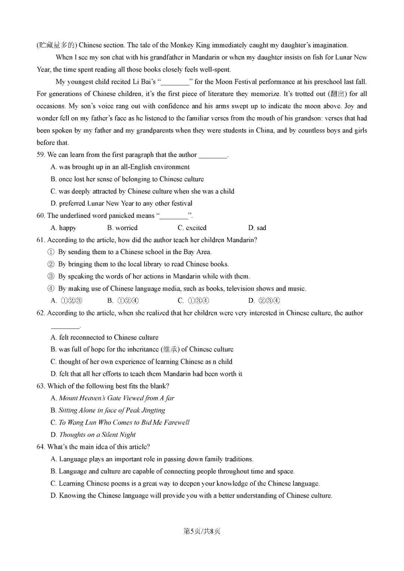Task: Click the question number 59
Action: pyautogui.click(x=41, y=155)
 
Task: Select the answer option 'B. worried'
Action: pyautogui.click(x=122, y=228)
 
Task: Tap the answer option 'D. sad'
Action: pyautogui.click(x=257, y=228)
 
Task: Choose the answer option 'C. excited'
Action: pyautogui.click(x=192, y=228)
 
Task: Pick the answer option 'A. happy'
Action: pyautogui.click(x=63, y=228)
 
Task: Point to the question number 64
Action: pyautogui.click(x=41, y=447)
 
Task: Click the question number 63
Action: pyautogui.click(x=41, y=386)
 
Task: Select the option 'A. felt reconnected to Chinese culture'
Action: pyautogui.click(x=104, y=338)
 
